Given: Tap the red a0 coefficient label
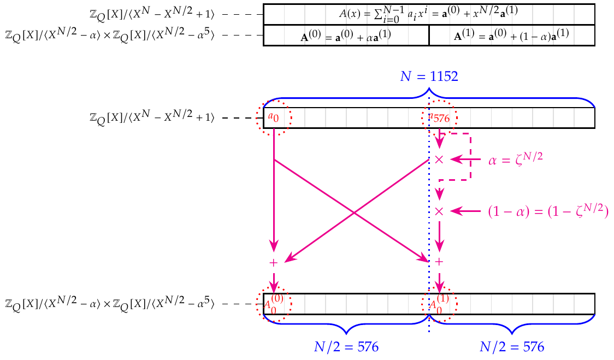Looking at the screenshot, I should pyautogui.click(x=273, y=116).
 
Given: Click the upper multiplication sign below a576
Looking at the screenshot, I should pyautogui.click(x=439, y=160).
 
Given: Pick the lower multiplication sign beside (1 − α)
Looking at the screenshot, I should pyautogui.click(x=439, y=211).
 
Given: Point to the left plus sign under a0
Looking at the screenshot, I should pyautogui.click(x=274, y=263).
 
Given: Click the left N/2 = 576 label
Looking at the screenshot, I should pyautogui.click(x=346, y=347).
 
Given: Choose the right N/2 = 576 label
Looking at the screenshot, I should pyautogui.click(x=512, y=347).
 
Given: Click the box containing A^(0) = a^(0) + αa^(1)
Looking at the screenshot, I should pyautogui.click(x=346, y=36).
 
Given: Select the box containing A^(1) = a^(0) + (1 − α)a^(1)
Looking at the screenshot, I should pyautogui.click(x=512, y=36).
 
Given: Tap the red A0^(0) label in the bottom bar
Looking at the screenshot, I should pyautogui.click(x=274, y=303).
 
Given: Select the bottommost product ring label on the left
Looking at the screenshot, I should pyautogui.click(x=109, y=303).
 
